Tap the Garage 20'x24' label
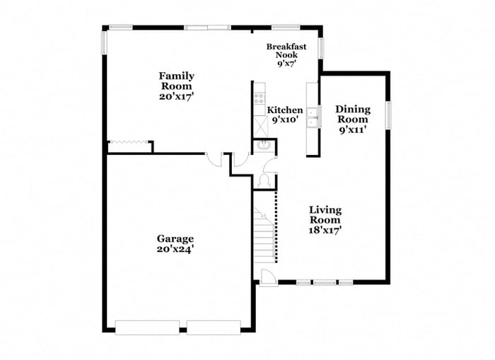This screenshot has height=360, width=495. [x=175, y=243]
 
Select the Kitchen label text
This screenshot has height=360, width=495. [x=285, y=110]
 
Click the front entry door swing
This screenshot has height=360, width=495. [x=268, y=277]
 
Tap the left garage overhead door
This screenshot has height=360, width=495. [x=147, y=327]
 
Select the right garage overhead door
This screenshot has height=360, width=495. [x=214, y=327]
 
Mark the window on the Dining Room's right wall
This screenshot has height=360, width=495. [x=388, y=115]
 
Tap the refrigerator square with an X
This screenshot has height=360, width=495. [x=259, y=127]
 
